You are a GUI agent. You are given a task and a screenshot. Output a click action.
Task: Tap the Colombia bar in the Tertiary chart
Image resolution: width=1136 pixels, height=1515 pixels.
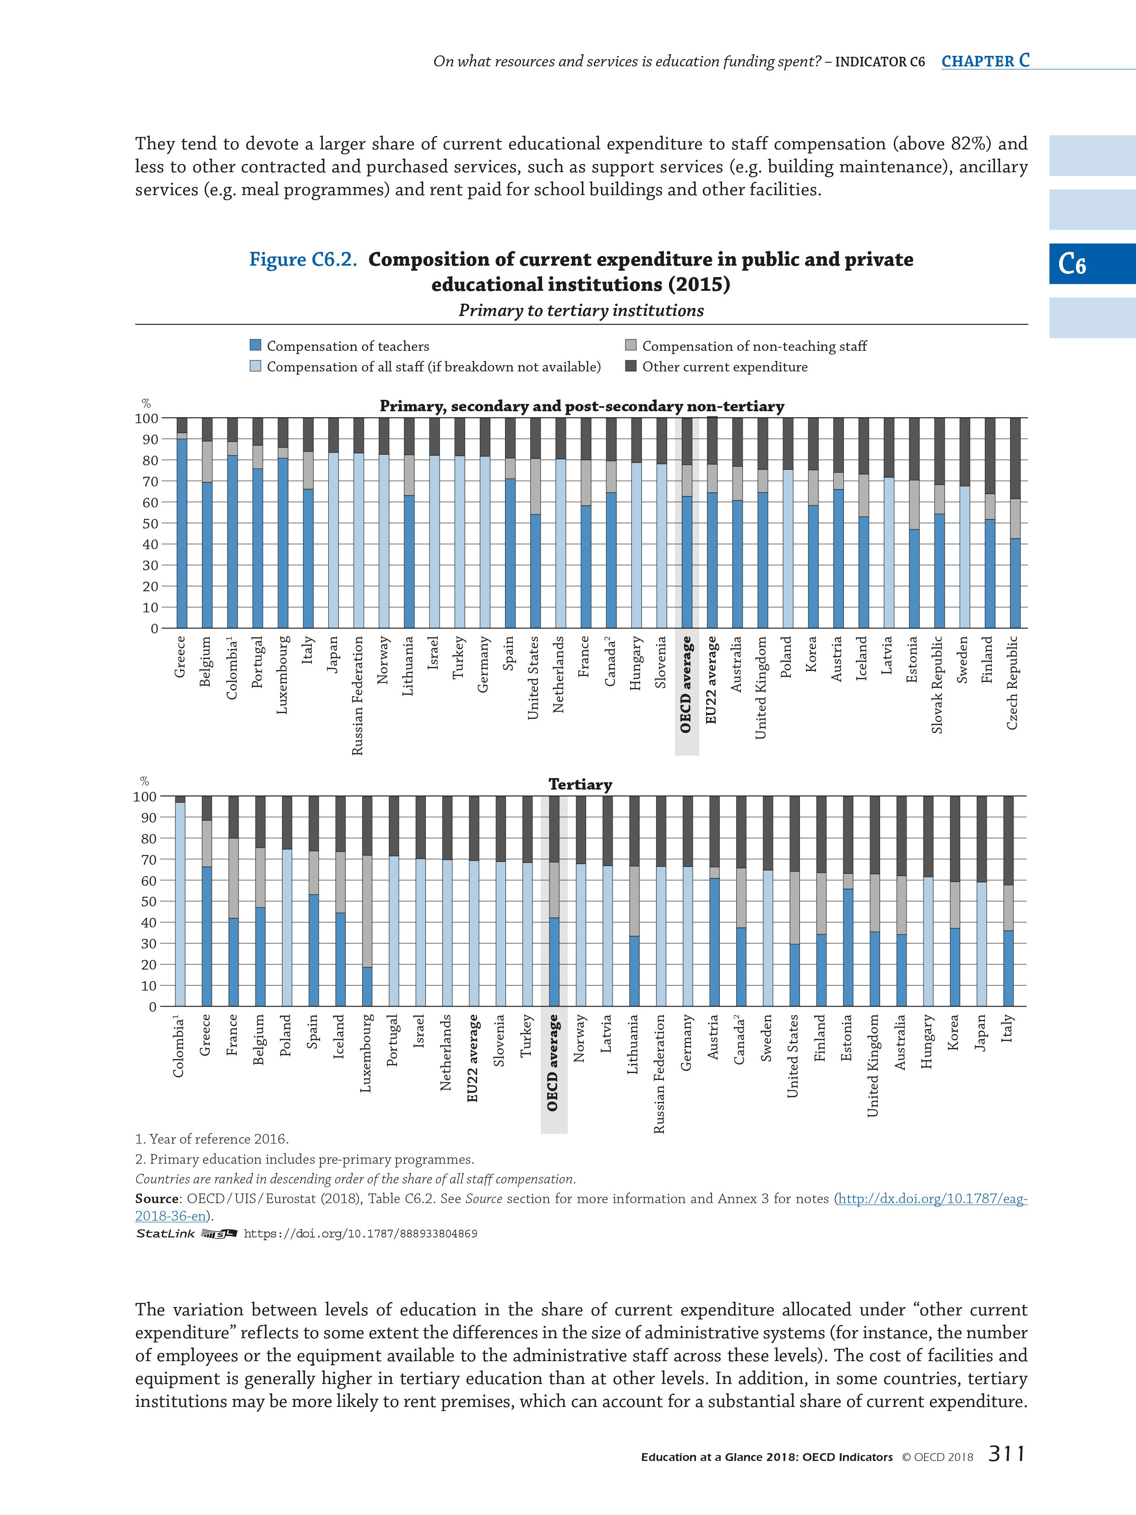click(180, 901)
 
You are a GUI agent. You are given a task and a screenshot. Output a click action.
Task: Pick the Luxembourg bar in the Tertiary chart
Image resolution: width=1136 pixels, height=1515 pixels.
click(367, 901)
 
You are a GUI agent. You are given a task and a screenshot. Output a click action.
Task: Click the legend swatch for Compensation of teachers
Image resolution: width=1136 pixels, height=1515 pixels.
click(255, 346)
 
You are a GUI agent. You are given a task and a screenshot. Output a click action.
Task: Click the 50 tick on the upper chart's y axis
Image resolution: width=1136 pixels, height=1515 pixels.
click(149, 523)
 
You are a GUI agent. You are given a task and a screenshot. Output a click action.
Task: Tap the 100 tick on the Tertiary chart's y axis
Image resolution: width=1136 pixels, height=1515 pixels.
click(145, 796)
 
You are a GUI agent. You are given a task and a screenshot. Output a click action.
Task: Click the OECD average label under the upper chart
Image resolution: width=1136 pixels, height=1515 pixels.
click(686, 684)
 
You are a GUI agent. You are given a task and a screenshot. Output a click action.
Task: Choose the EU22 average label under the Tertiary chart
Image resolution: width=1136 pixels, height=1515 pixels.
click(473, 1058)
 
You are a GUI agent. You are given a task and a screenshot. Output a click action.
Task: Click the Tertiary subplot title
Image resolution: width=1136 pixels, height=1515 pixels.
click(580, 784)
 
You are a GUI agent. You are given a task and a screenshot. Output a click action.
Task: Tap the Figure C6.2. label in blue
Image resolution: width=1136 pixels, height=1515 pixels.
click(303, 260)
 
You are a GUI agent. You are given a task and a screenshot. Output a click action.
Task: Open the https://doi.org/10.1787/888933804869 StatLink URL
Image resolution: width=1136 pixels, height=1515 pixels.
click(360, 1233)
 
